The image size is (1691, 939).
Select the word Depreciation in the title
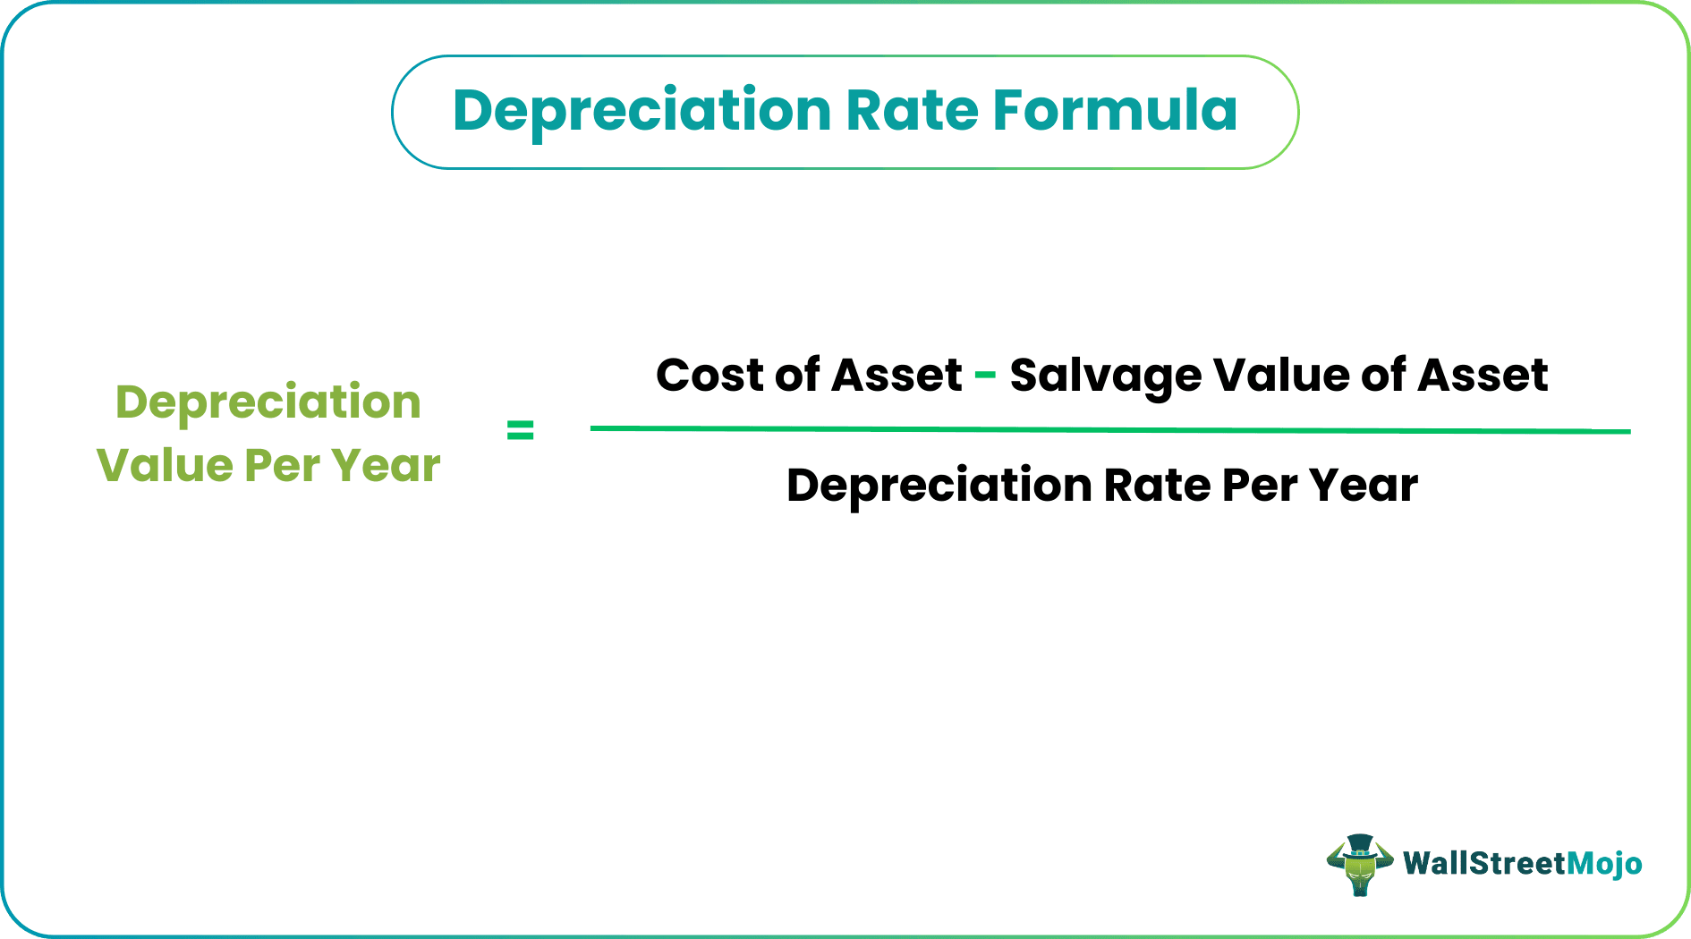642,112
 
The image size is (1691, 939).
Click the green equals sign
520,431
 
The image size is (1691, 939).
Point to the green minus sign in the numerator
985,375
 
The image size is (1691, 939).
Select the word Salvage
1105,376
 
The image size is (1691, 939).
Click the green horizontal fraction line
1109,430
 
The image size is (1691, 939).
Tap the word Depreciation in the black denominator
939,486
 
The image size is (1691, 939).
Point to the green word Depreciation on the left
268,402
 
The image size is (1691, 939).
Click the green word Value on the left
165,465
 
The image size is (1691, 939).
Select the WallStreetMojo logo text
1522,864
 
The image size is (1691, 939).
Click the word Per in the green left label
282,465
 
